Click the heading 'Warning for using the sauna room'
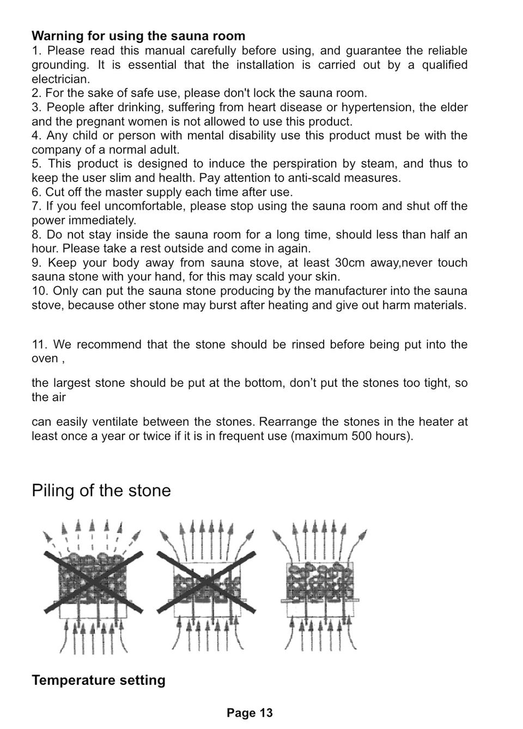click(138, 36)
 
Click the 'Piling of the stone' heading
click(101, 490)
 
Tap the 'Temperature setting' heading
click(99, 680)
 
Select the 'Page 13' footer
click(250, 713)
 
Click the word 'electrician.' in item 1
click(60, 79)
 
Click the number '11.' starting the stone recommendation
click(40, 345)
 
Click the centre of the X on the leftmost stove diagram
click(94, 582)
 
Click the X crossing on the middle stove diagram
click(206, 582)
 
